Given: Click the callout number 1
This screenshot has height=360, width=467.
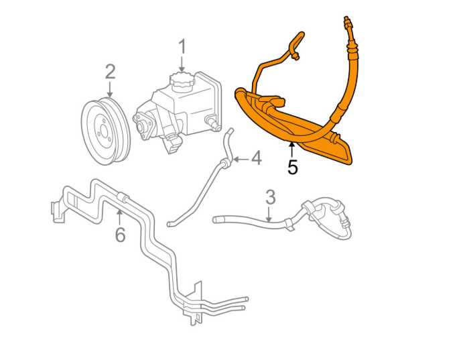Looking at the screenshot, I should pos(181,46).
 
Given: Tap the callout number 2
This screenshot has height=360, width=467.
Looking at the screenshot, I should pos(110,72).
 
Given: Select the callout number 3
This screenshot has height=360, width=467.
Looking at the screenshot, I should pos(270,197).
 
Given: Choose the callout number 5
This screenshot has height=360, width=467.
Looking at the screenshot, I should pos(292,167).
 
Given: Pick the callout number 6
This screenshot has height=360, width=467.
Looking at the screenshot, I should pos(120,235).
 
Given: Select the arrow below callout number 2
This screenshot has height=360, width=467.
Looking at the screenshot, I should pos(110,90).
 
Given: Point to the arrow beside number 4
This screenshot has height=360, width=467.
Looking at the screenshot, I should pos(240,160).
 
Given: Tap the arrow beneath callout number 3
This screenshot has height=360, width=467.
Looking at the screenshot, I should pos(269,214).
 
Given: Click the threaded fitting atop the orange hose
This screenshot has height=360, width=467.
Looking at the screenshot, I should pos(346,25).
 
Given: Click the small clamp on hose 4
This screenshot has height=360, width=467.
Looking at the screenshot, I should pos(226,160).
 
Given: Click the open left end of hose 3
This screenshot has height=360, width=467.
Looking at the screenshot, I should pos(216,219).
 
